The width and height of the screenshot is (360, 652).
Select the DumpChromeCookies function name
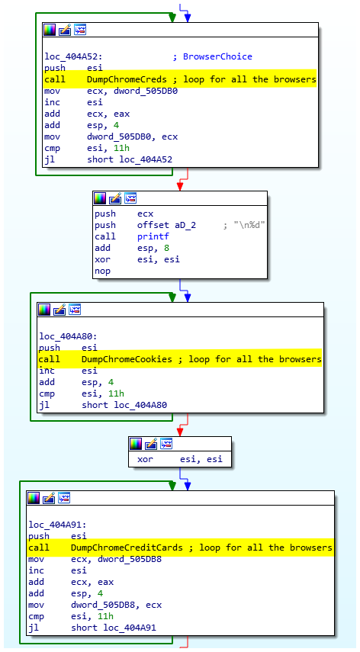130,359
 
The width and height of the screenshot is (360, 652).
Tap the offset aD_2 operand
166,226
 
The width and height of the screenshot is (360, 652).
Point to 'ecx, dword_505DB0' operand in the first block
133,91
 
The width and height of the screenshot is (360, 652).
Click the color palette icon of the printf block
100,198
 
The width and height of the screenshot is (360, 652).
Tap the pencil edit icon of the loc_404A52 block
65,30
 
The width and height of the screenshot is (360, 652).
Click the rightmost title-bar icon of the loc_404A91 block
64,497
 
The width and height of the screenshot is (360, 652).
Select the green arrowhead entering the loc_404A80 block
172,297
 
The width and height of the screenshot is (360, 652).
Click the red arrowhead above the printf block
179,186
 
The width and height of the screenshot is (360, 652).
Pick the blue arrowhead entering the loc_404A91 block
188,486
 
